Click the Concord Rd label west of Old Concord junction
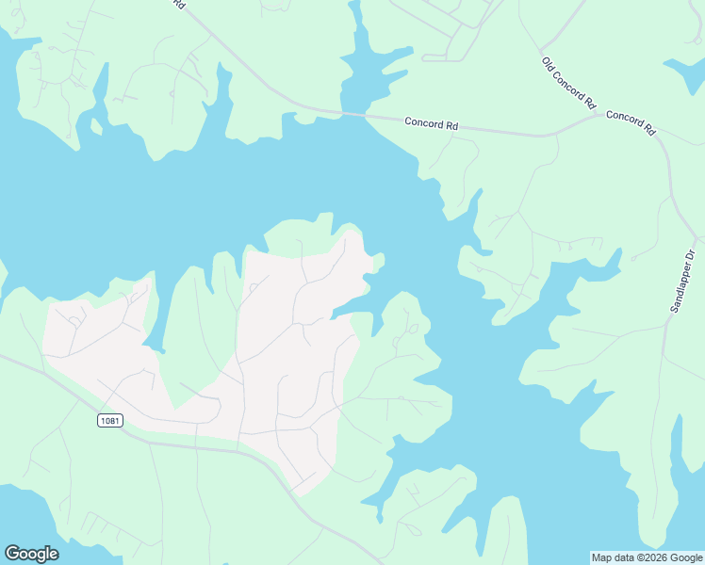coord(433,122)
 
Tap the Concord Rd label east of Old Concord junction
coord(631,120)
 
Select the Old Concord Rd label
coord(569,83)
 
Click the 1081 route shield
coord(109,420)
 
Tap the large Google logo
coord(31,554)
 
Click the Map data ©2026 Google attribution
coord(646,557)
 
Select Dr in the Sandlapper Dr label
coord(689,253)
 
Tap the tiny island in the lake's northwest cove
coord(96,126)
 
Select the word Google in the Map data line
coord(682,557)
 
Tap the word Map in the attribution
coord(600,557)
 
